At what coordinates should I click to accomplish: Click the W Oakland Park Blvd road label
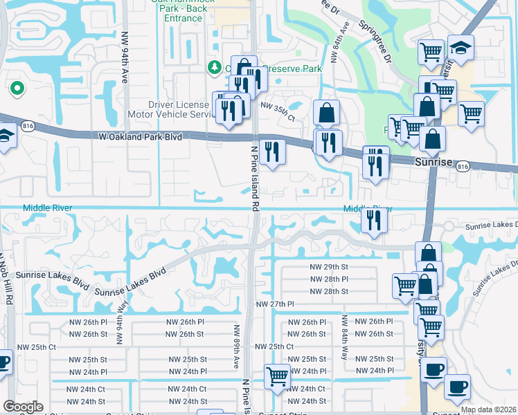tap(141, 138)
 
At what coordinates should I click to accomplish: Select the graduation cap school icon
tap(460, 48)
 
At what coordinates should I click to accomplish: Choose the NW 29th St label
tap(328, 266)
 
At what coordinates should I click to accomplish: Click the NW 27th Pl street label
tap(275, 304)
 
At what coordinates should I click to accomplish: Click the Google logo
tap(23, 407)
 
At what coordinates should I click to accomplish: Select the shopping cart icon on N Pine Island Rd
tap(277, 377)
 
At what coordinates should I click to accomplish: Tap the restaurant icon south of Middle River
tap(374, 220)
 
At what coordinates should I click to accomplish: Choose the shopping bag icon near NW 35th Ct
tap(326, 112)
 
